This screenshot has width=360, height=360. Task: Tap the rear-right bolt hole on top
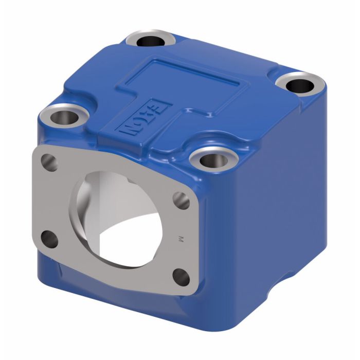298,84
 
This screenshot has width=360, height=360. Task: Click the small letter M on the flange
181,238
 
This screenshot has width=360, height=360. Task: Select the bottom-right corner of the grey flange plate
194,293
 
